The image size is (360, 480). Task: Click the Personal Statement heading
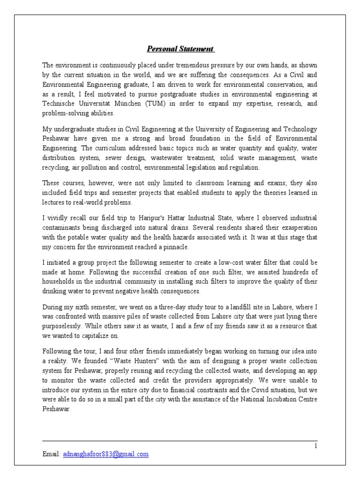pos(181,49)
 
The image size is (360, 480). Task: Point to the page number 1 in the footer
pos(316,446)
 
